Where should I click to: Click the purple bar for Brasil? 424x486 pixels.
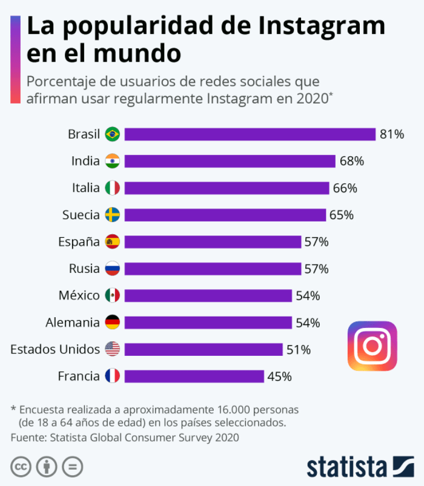pos(250,134)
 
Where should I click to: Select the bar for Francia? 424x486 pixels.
pos(194,376)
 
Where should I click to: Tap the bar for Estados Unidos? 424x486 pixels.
pos(203,349)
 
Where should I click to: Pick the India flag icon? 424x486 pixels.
pos(112,161)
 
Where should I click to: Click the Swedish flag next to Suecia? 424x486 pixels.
pos(112,215)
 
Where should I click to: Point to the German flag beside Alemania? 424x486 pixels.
pos(112,323)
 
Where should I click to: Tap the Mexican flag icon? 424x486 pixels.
pos(112,295)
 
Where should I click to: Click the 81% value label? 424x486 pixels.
pos(392,134)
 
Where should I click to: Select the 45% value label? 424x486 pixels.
pos(279,376)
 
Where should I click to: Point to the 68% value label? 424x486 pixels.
pos(351,161)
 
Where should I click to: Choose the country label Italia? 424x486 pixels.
pos(85,188)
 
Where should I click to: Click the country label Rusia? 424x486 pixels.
pos(85,269)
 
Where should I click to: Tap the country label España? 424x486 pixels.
pos(79,241)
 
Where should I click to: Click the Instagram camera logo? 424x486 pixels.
pos(372,346)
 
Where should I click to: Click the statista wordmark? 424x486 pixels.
pos(346,467)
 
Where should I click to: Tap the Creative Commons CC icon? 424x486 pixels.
pos(21,467)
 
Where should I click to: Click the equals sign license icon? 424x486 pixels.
pos(72,467)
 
